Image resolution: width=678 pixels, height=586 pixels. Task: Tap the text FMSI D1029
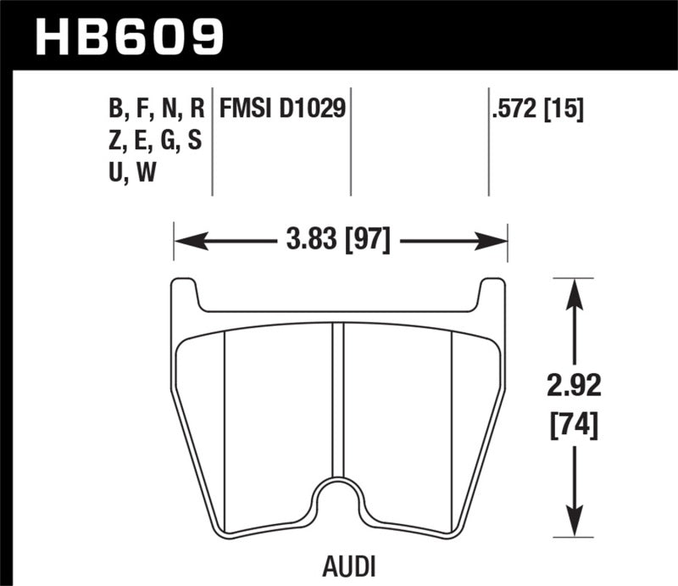(x=283, y=109)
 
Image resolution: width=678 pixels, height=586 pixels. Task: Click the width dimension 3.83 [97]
(x=339, y=242)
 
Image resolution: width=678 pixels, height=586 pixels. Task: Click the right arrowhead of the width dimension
(x=497, y=243)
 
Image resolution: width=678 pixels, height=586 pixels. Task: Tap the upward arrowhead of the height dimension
(x=575, y=287)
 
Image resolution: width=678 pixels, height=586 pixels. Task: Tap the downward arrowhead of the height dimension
(x=575, y=527)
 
